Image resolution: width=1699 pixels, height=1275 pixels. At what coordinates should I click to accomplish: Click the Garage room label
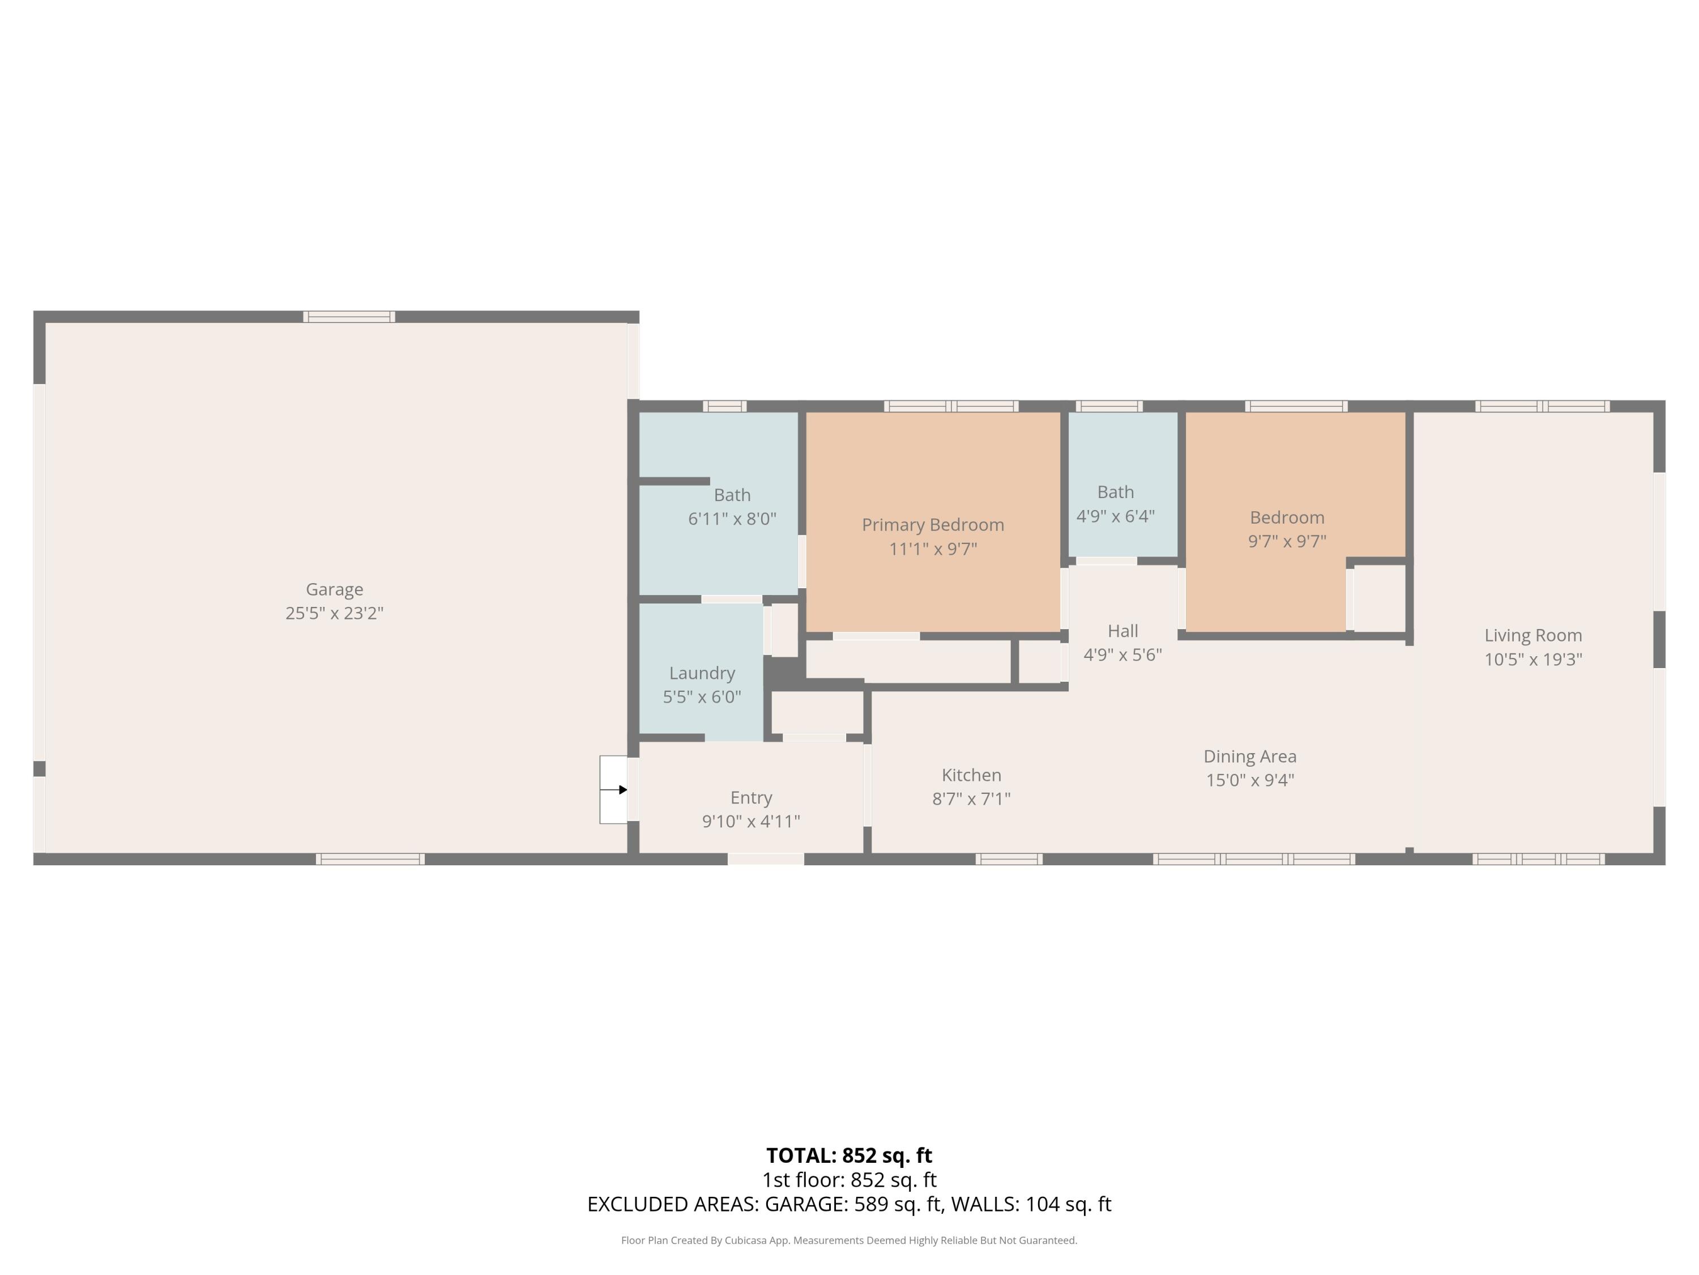pos(334,589)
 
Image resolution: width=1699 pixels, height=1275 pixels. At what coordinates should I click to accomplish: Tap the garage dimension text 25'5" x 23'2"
pos(334,613)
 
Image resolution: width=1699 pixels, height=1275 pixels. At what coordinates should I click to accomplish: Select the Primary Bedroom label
pos(932,525)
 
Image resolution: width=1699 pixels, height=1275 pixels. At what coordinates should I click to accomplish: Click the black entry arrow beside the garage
pos(622,789)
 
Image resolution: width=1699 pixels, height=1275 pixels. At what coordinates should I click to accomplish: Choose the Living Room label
pos(1532,636)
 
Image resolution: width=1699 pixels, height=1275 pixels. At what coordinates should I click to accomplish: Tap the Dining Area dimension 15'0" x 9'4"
pos(1250,780)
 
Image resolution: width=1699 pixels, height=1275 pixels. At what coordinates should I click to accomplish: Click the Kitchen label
pos(971,775)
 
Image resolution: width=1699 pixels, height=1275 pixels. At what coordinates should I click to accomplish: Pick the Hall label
pos(1122,631)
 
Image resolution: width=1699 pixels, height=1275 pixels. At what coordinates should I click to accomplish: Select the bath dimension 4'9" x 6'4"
pos(1115,516)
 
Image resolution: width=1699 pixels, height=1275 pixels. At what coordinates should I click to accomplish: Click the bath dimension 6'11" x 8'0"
pos(732,518)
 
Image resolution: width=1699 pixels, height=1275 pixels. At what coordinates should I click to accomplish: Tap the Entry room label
pos(750,798)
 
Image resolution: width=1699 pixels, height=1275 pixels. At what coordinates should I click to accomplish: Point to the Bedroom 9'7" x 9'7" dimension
pos(1287,541)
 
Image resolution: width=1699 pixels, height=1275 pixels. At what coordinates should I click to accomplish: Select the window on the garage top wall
pos(349,317)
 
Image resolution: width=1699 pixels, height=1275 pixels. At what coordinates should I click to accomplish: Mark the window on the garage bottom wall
pos(370,859)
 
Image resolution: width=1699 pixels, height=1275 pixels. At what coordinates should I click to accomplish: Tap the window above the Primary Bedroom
pos(951,406)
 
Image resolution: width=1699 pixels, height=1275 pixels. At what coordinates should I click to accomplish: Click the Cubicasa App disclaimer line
pos(849,1240)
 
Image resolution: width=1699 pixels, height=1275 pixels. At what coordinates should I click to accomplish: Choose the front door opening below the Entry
pos(766,859)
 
